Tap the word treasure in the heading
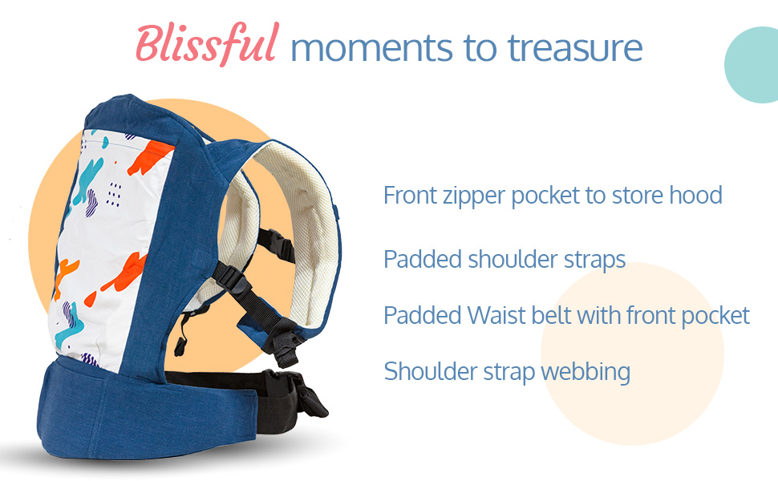click(x=575, y=47)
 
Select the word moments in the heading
click(x=371, y=49)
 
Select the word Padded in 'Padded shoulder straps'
click(x=423, y=260)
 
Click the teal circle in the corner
click(x=752, y=65)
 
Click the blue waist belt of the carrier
click(x=149, y=411)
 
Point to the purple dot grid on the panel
click(x=114, y=194)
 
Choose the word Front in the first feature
click(x=410, y=195)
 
